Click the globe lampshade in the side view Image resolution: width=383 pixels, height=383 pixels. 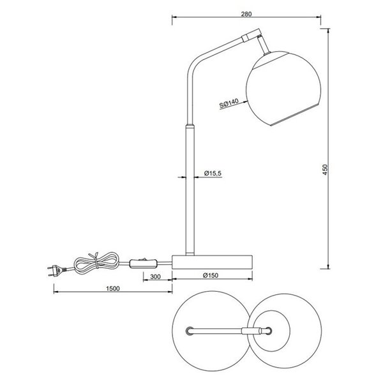tap(276, 89)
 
